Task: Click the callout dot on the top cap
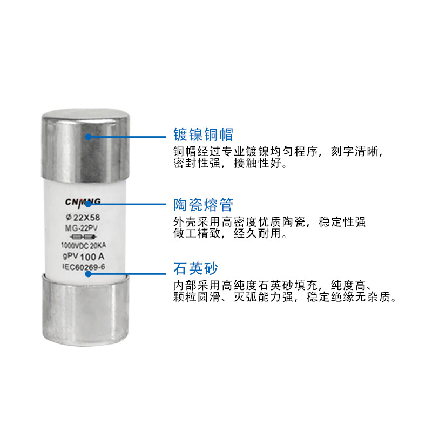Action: click(89, 136)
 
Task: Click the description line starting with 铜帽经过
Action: click(277, 151)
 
